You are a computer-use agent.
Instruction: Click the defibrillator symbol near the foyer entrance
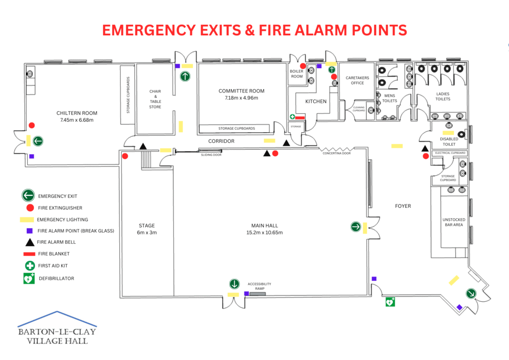pos(391,301)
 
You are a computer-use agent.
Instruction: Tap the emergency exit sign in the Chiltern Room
pos(38,141)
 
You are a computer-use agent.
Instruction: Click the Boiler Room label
pos(297,74)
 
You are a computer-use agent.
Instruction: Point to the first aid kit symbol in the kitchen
pos(293,117)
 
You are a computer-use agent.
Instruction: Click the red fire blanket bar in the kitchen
pos(300,117)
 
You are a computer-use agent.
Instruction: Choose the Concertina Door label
pos(337,153)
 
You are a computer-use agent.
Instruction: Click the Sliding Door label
pos(211,155)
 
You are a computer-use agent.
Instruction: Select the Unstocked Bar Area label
pos(453,222)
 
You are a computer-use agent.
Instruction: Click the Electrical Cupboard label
pos(450,153)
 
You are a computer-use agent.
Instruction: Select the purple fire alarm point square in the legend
pos(29,231)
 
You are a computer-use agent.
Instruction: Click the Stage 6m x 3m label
pos(147,229)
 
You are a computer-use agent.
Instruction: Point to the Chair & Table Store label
pos(155,99)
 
